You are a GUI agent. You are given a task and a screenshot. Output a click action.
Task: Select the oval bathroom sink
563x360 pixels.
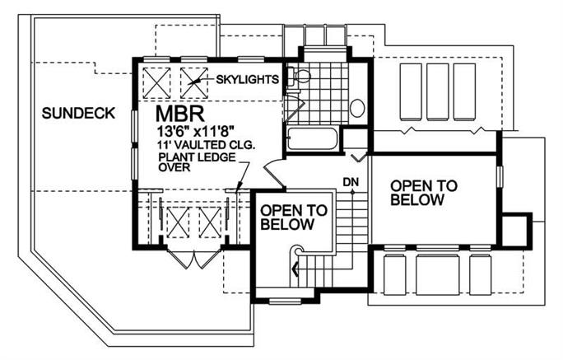(357, 108)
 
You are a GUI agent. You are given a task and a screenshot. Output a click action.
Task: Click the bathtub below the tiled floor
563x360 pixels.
(313, 138)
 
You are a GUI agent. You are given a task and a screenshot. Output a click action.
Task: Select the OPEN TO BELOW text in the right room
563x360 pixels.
(419, 192)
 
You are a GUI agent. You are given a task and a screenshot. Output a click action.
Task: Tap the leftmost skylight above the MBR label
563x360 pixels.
(156, 81)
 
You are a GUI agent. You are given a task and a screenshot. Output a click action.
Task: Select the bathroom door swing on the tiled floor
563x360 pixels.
(292, 107)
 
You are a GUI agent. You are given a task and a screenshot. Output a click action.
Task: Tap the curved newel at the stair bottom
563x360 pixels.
(297, 255)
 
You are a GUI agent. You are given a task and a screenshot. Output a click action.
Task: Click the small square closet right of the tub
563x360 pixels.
(355, 140)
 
